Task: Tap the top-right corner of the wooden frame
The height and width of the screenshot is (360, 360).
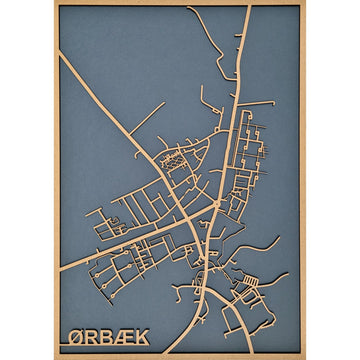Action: click(x=305, y=2)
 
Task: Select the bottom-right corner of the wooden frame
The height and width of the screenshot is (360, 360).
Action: click(x=305, y=357)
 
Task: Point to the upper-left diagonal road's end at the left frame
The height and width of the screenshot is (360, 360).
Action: click(x=60, y=54)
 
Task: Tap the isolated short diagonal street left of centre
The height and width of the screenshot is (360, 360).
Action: click(x=147, y=119)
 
